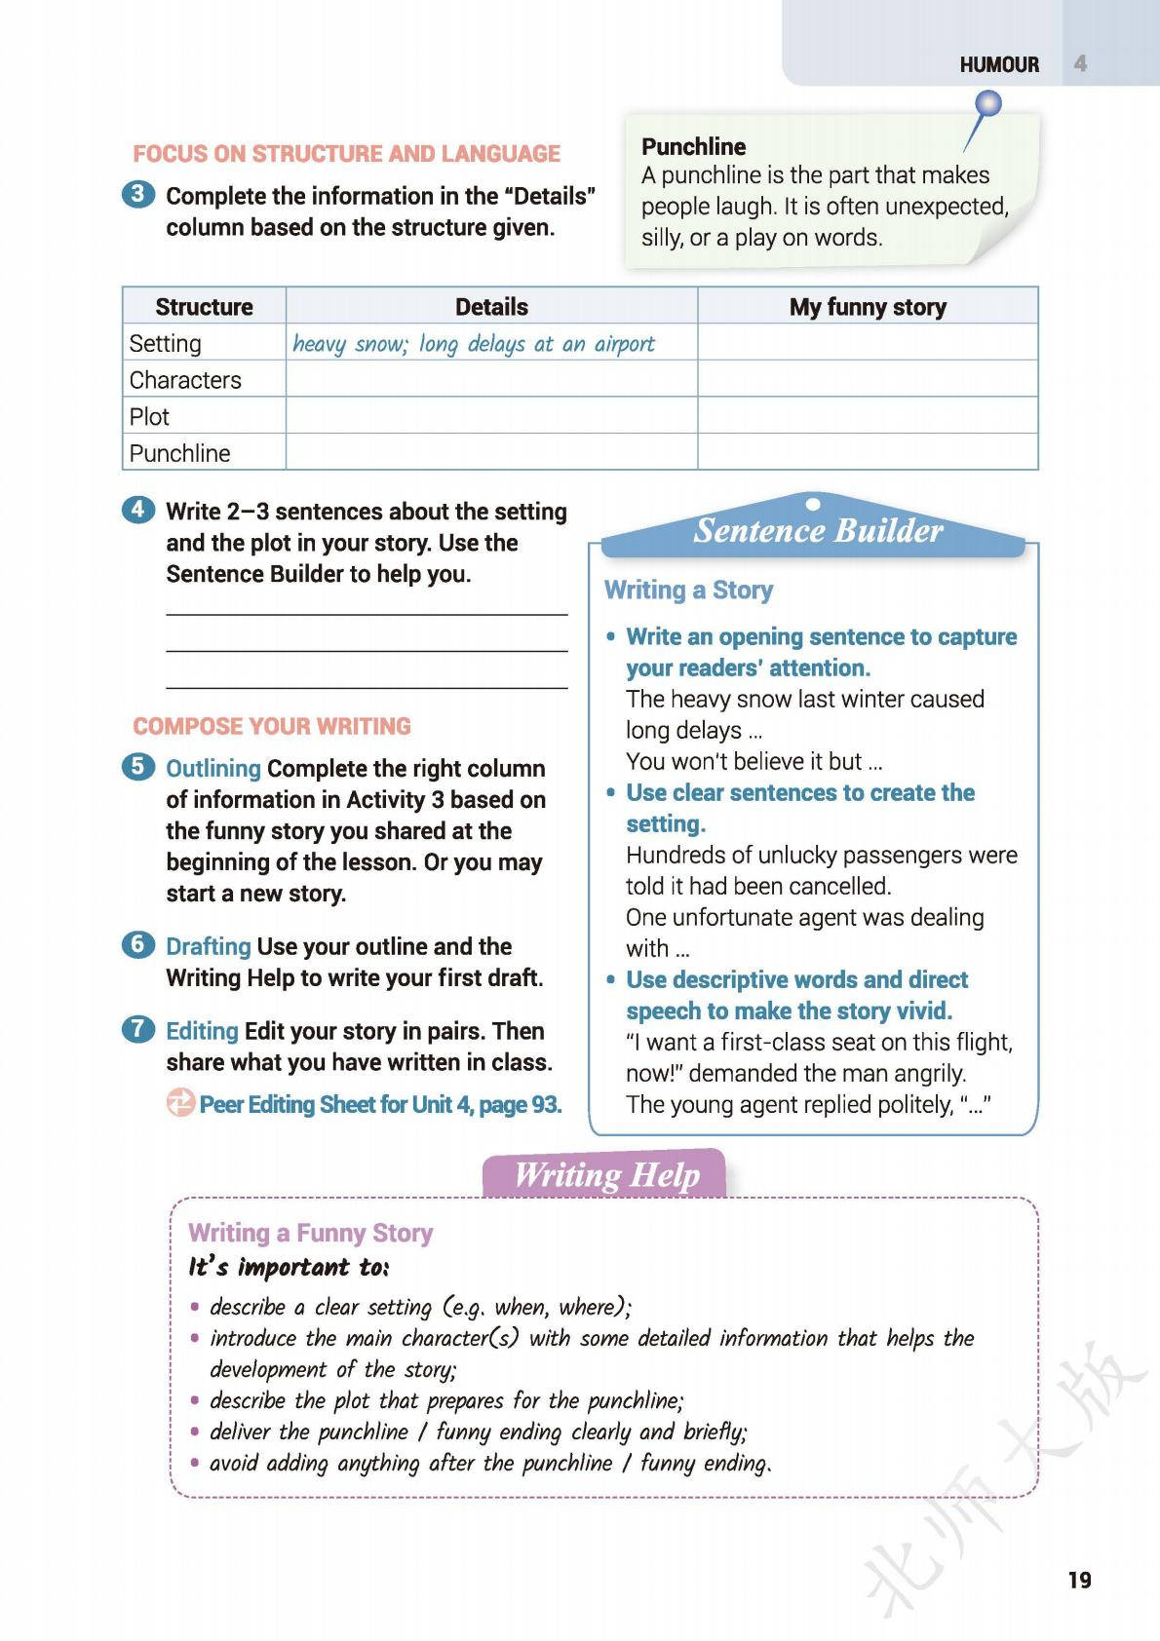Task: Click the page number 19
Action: (1079, 1580)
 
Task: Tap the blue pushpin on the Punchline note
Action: (988, 103)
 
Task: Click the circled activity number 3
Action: (138, 194)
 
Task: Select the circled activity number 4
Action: (138, 510)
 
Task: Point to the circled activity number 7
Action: (138, 1029)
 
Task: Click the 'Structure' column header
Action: (204, 307)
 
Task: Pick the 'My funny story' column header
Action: (868, 307)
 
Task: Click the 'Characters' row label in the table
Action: (185, 380)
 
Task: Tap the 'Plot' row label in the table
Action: (149, 417)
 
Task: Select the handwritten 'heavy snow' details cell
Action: (474, 344)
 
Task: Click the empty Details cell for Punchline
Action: (491, 453)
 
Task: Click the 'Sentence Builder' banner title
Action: (818, 530)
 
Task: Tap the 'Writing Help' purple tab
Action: (606, 1174)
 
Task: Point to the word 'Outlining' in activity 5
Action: (213, 769)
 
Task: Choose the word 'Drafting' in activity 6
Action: (209, 947)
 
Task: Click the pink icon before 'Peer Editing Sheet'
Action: (180, 1103)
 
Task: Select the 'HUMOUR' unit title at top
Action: (999, 65)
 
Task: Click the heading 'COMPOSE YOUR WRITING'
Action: (272, 727)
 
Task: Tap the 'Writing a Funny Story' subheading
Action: (310, 1233)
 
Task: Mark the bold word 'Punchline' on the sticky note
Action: (693, 147)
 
